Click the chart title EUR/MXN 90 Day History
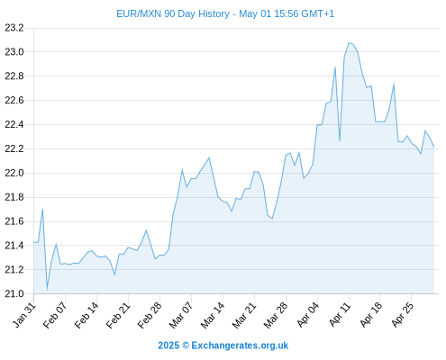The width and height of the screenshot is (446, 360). tap(173, 13)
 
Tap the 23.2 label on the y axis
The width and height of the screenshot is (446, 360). tap(14, 28)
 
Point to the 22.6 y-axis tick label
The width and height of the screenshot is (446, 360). tap(14, 100)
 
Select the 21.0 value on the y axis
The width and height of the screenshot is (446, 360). tap(14, 293)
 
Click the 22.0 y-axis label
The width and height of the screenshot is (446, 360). tap(14, 173)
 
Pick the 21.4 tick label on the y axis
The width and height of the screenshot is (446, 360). tap(14, 246)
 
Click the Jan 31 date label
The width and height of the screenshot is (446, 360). tap(24, 315)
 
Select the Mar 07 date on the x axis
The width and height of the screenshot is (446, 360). tap(181, 315)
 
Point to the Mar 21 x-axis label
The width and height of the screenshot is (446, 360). tap(244, 315)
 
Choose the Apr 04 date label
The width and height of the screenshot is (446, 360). tap(308, 315)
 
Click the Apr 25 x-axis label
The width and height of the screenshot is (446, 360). tap(403, 315)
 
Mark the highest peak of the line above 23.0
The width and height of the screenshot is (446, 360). tap(349, 43)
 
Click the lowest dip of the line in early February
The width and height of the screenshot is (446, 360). tap(47, 290)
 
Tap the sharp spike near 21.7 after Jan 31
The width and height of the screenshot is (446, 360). tap(42, 209)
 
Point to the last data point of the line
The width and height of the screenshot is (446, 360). tap(434, 147)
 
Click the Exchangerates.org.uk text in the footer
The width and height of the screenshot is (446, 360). tap(240, 346)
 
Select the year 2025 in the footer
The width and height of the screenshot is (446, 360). tap(168, 346)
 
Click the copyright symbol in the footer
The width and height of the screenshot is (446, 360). tap(186, 346)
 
